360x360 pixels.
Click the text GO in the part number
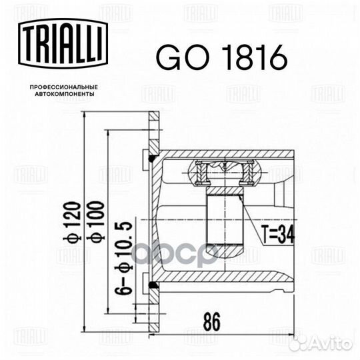[x=174, y=58]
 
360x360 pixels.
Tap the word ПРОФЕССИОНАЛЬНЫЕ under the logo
[x=64, y=87]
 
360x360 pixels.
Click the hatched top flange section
[x=153, y=130]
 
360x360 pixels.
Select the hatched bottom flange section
[x=153, y=313]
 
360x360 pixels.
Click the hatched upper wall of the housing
[x=227, y=154]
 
